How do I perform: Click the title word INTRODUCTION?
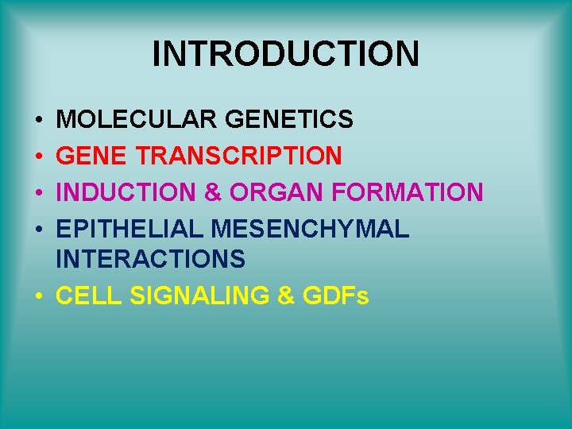tap(285, 54)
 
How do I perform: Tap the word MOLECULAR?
tap(138, 119)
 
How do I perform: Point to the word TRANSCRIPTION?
tap(238, 156)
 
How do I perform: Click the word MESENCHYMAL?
tap(311, 229)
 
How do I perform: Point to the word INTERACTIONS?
tap(152, 258)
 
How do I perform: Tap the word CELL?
tap(90, 296)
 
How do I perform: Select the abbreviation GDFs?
tap(336, 296)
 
